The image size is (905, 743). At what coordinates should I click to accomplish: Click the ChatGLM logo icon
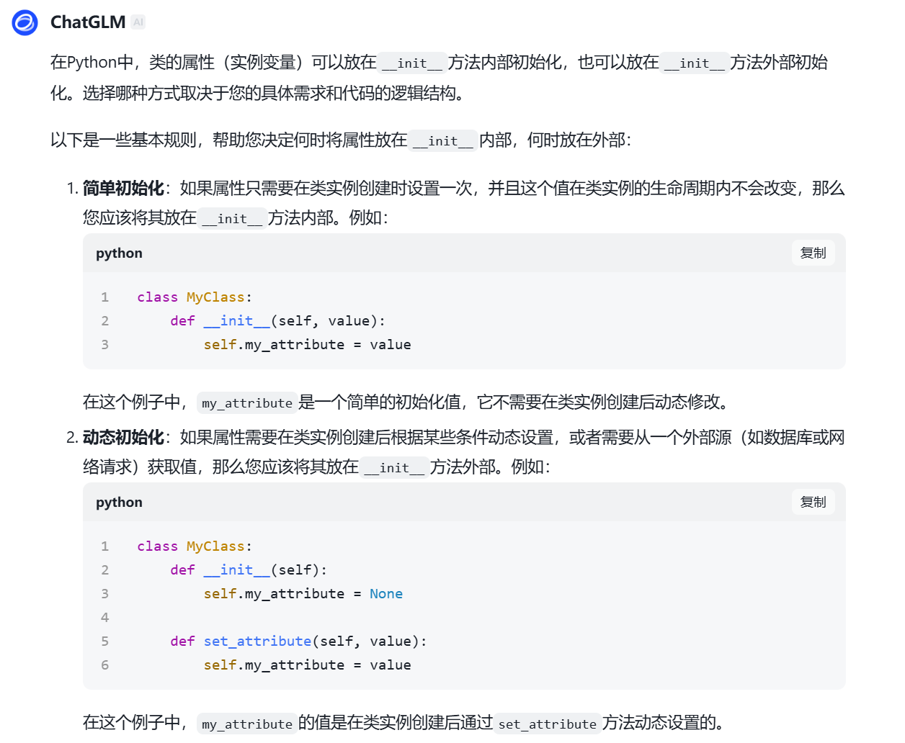(x=25, y=23)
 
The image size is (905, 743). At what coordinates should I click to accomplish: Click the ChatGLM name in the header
(x=88, y=22)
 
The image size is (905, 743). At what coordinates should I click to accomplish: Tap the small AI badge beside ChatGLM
(x=138, y=22)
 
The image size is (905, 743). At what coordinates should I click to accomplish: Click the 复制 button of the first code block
(x=813, y=253)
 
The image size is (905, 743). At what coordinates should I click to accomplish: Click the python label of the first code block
(x=119, y=253)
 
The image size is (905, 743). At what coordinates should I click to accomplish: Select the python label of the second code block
(x=119, y=503)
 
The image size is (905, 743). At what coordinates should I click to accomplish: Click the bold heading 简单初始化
(x=123, y=189)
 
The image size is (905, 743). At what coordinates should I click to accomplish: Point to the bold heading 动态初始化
(x=123, y=438)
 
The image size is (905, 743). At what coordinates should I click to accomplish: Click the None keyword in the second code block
(x=386, y=594)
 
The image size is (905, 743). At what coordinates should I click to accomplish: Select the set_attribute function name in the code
(x=257, y=641)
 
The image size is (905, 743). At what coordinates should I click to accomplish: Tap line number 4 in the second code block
(x=105, y=618)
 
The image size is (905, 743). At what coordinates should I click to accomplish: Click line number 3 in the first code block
(x=105, y=345)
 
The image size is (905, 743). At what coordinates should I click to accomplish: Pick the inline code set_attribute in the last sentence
(x=548, y=724)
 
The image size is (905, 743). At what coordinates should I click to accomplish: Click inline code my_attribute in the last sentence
(x=247, y=724)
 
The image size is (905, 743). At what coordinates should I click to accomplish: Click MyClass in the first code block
(x=215, y=297)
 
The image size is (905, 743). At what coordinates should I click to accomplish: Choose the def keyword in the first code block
(x=182, y=321)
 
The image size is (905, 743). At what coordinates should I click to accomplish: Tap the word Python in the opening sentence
(x=92, y=63)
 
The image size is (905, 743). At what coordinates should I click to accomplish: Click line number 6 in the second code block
(x=105, y=665)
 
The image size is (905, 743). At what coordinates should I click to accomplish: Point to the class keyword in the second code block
(x=157, y=546)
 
